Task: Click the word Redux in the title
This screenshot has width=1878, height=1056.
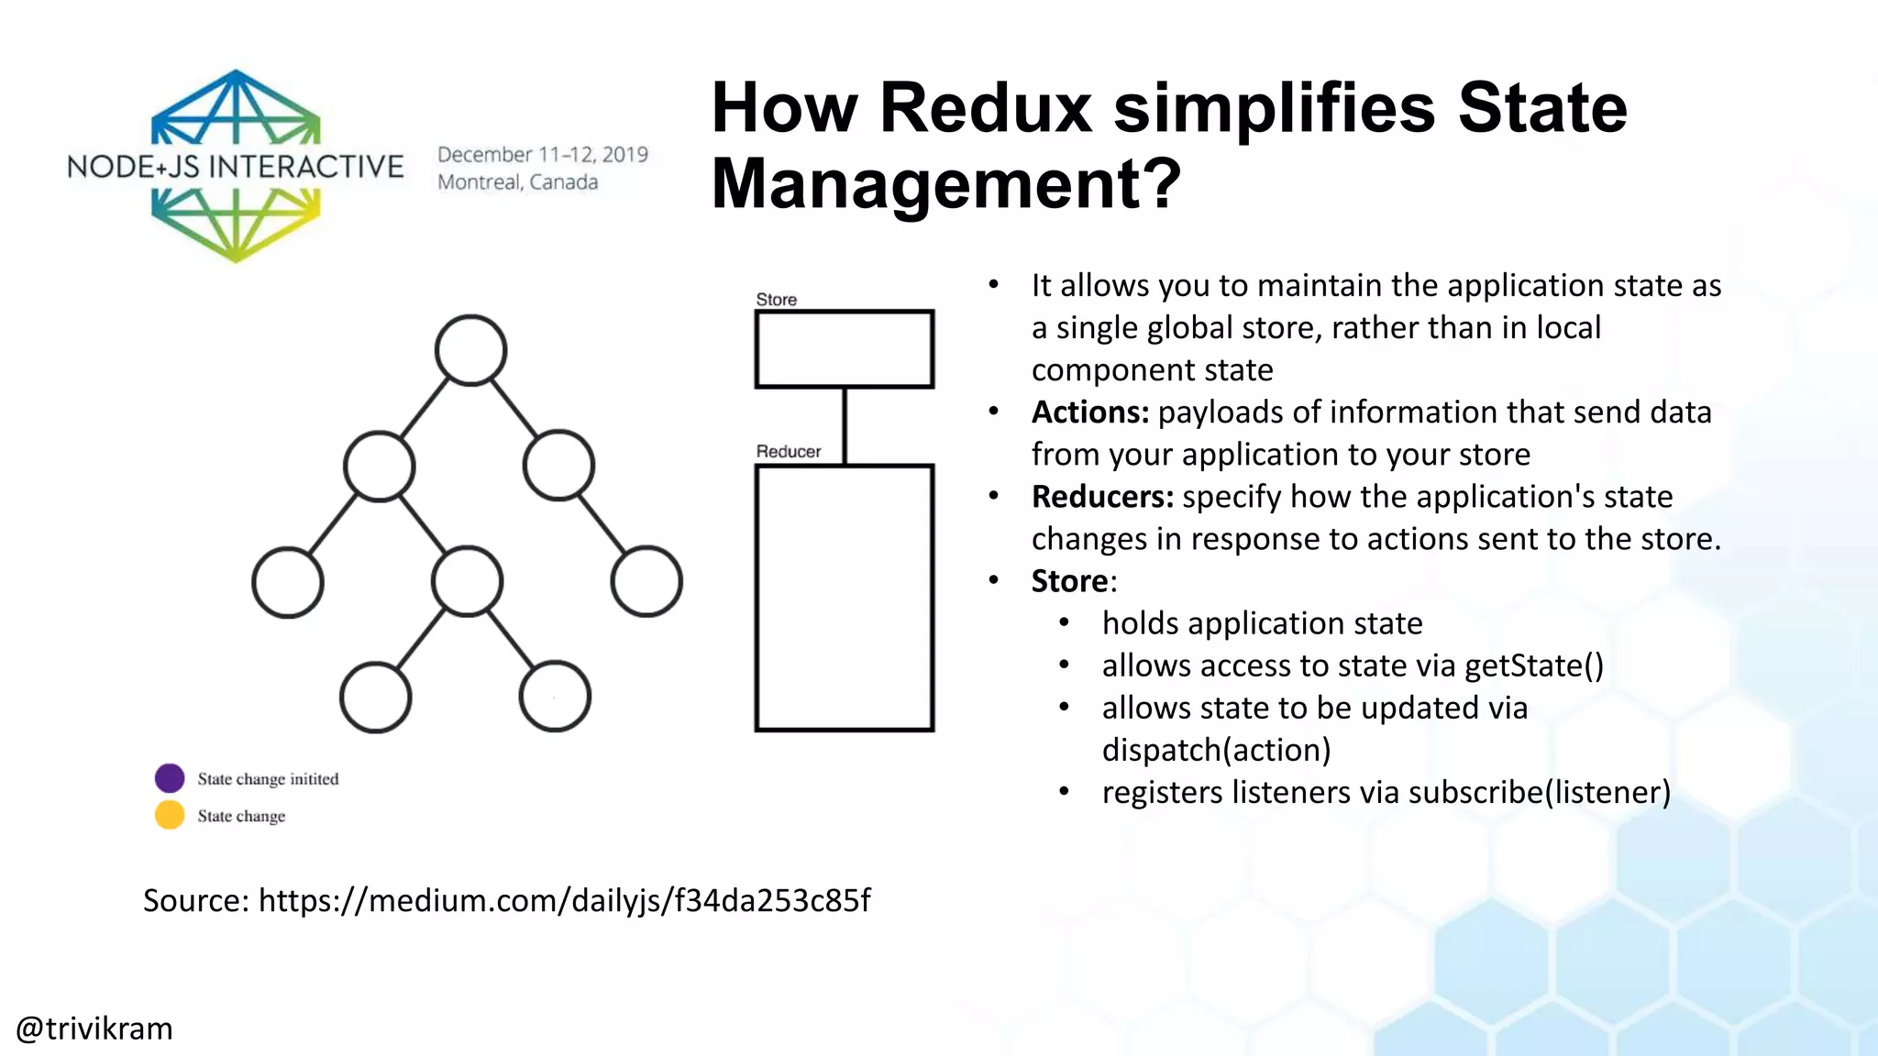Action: click(x=986, y=108)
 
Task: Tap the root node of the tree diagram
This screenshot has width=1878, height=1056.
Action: click(x=470, y=350)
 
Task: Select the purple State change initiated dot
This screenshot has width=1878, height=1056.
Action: click(x=170, y=778)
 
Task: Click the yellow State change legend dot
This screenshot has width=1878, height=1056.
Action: click(x=170, y=815)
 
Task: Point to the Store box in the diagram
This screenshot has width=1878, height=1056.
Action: click(x=844, y=349)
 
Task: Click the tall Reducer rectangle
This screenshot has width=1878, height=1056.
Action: click(x=844, y=598)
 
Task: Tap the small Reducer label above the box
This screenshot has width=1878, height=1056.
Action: click(x=788, y=451)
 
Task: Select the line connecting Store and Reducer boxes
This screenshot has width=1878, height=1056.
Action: click(x=844, y=426)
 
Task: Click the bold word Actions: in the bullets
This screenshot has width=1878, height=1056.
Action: click(x=1089, y=412)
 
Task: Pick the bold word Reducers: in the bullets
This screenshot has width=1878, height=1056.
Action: click(x=1102, y=497)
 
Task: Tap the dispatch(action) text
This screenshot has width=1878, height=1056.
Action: click(x=1216, y=750)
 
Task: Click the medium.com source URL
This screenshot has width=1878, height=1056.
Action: click(x=564, y=900)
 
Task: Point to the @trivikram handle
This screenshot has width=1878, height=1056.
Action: click(x=94, y=1028)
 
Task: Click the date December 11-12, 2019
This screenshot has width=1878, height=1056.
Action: click(x=542, y=154)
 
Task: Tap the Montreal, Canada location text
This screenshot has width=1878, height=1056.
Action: click(x=517, y=181)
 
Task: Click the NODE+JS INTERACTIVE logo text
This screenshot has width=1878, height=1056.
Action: click(x=235, y=167)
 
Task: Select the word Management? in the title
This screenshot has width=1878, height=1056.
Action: click(x=945, y=183)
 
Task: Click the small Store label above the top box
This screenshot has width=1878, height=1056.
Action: click(x=776, y=300)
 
